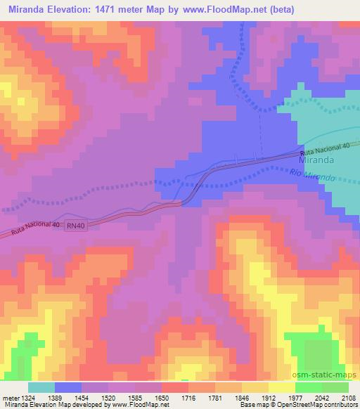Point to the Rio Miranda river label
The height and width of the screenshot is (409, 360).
click(x=312, y=176)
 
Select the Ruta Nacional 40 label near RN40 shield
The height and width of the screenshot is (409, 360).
click(x=34, y=229)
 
